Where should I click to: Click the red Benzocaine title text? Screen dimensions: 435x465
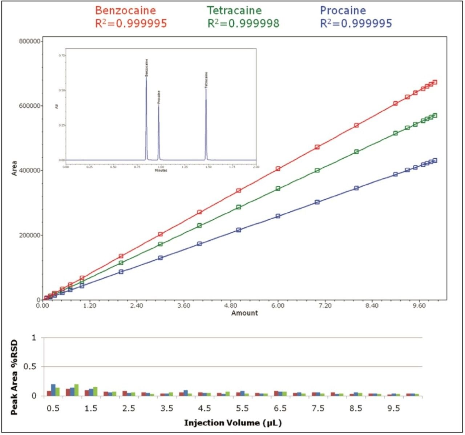pos(126,10)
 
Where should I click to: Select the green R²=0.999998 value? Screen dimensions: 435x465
pos(243,24)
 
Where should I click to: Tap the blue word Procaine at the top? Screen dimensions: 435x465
pos(343,10)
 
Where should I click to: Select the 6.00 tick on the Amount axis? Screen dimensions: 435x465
pos(278,306)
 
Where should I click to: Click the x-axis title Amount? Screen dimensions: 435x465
pos(244,313)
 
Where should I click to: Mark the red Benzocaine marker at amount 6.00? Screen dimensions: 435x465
pos(278,169)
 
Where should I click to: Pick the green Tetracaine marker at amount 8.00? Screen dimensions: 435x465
pos(356,152)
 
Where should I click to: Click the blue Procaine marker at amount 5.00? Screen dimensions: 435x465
pos(239,230)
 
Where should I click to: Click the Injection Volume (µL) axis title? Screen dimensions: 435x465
pos(233,423)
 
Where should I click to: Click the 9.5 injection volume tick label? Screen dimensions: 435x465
pos(393,408)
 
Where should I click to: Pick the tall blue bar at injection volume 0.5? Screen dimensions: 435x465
pos(53,390)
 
